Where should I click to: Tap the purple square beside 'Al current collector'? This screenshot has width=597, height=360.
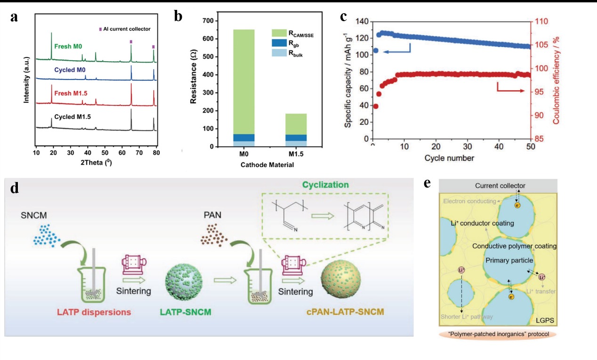click(100, 29)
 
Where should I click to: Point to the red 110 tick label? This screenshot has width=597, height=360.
click(539, 22)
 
